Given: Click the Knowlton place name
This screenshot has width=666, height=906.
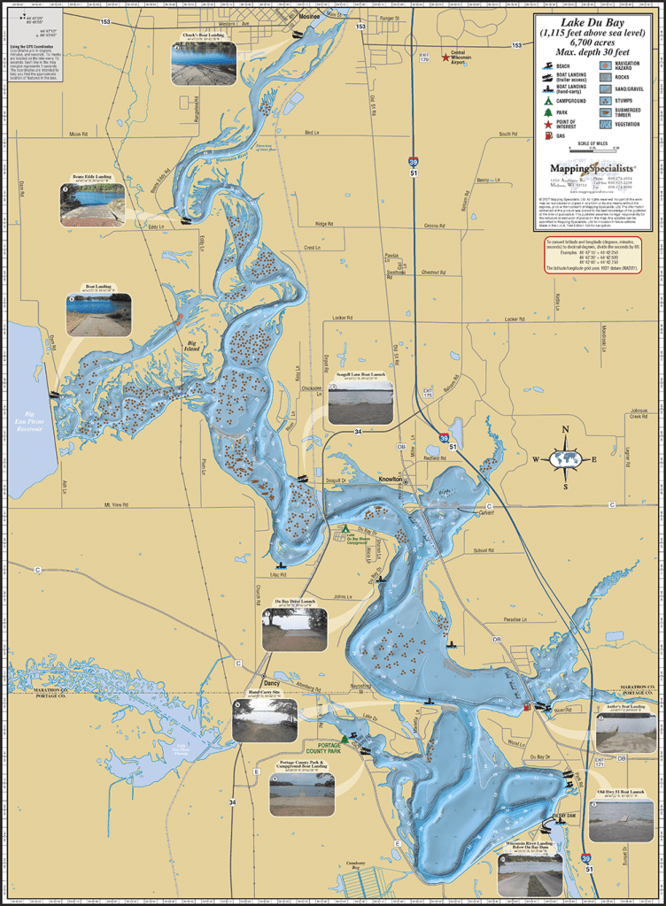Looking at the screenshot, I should (x=391, y=479).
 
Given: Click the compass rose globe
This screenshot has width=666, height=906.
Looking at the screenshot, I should (x=565, y=458).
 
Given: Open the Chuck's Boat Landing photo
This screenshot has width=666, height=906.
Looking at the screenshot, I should (x=203, y=64).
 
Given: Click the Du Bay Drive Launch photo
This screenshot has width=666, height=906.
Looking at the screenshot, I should (x=294, y=629).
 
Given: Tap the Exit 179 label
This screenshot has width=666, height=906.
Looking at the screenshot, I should (x=399, y=57).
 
